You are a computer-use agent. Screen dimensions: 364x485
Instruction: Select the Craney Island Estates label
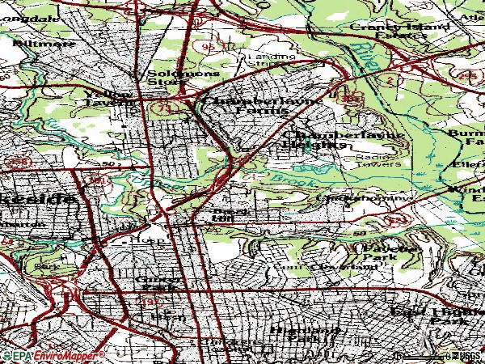pos(387,31)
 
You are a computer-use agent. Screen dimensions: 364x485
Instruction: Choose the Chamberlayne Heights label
pos(319,139)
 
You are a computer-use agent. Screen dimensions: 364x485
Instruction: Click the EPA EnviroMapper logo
pos(53,355)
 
